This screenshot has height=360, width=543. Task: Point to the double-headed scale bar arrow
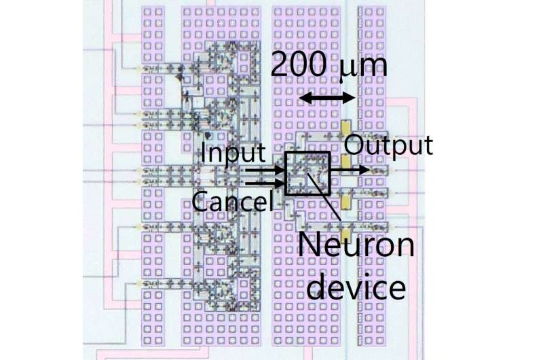coord(327,98)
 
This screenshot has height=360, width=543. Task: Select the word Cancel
coord(232,201)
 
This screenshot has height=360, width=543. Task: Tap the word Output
coord(388,145)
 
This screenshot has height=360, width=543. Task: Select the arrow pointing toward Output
coord(350,168)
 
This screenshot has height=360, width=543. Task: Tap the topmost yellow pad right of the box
coord(345,127)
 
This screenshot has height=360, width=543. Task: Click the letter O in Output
coord(354,145)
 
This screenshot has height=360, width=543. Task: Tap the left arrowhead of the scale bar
coord(303,98)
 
